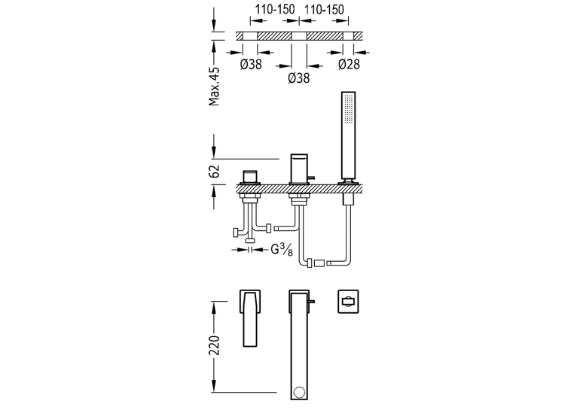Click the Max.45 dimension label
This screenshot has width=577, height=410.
tap(214, 87)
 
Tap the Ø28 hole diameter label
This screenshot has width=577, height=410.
tap(349, 64)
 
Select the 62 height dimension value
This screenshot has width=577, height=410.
tap(214, 172)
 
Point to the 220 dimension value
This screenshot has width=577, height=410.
tap(214, 345)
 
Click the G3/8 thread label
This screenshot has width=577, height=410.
tap(282, 250)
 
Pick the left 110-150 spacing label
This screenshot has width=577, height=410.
tap(275, 10)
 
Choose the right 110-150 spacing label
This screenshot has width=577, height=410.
tap(324, 10)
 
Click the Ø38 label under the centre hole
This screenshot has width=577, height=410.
tap(299, 78)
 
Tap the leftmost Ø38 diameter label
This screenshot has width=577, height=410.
tap(251, 64)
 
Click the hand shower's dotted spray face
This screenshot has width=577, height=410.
tap(349, 108)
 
